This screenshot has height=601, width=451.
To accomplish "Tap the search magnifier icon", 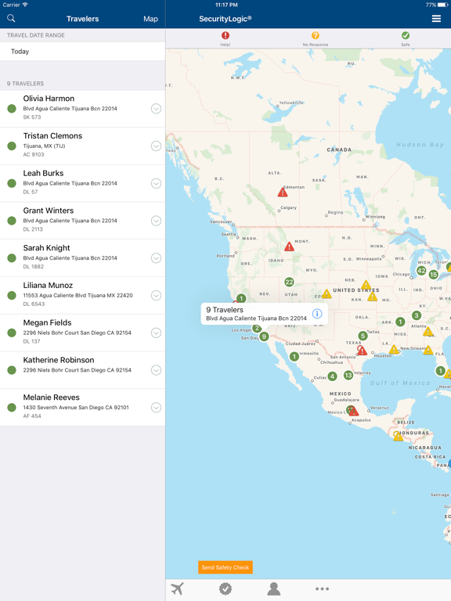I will point(11,19).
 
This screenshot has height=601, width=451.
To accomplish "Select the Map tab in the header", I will point(150,19).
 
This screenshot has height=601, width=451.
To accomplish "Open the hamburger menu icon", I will point(436,19).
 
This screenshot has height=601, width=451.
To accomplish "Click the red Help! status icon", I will point(225,36).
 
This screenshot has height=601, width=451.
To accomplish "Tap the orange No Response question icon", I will point(316,36).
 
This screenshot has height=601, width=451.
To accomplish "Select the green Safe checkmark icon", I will point(406,36).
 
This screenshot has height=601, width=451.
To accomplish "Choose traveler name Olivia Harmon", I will point(49,99).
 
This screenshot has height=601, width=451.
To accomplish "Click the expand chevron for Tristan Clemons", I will point(156,146).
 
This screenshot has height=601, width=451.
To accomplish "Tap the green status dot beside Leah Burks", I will point(12,183).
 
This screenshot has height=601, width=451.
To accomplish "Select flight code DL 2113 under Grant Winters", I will point(34,230).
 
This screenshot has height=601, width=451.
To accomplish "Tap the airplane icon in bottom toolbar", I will point(178,589).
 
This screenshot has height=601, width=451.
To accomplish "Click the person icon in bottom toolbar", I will point(273,589).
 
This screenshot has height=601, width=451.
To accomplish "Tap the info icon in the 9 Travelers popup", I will point(317,314).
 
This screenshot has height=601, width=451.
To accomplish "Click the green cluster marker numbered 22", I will point(289,283).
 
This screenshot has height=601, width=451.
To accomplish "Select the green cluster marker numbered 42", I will point(421,271).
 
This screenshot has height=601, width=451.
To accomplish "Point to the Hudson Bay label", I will point(420,145).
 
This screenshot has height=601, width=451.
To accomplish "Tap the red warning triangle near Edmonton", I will point(283,193).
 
